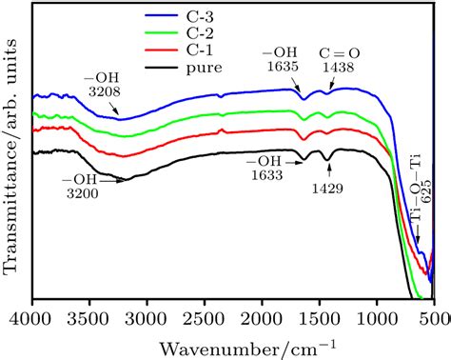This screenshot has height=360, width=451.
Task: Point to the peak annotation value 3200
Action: (x=82, y=191)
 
